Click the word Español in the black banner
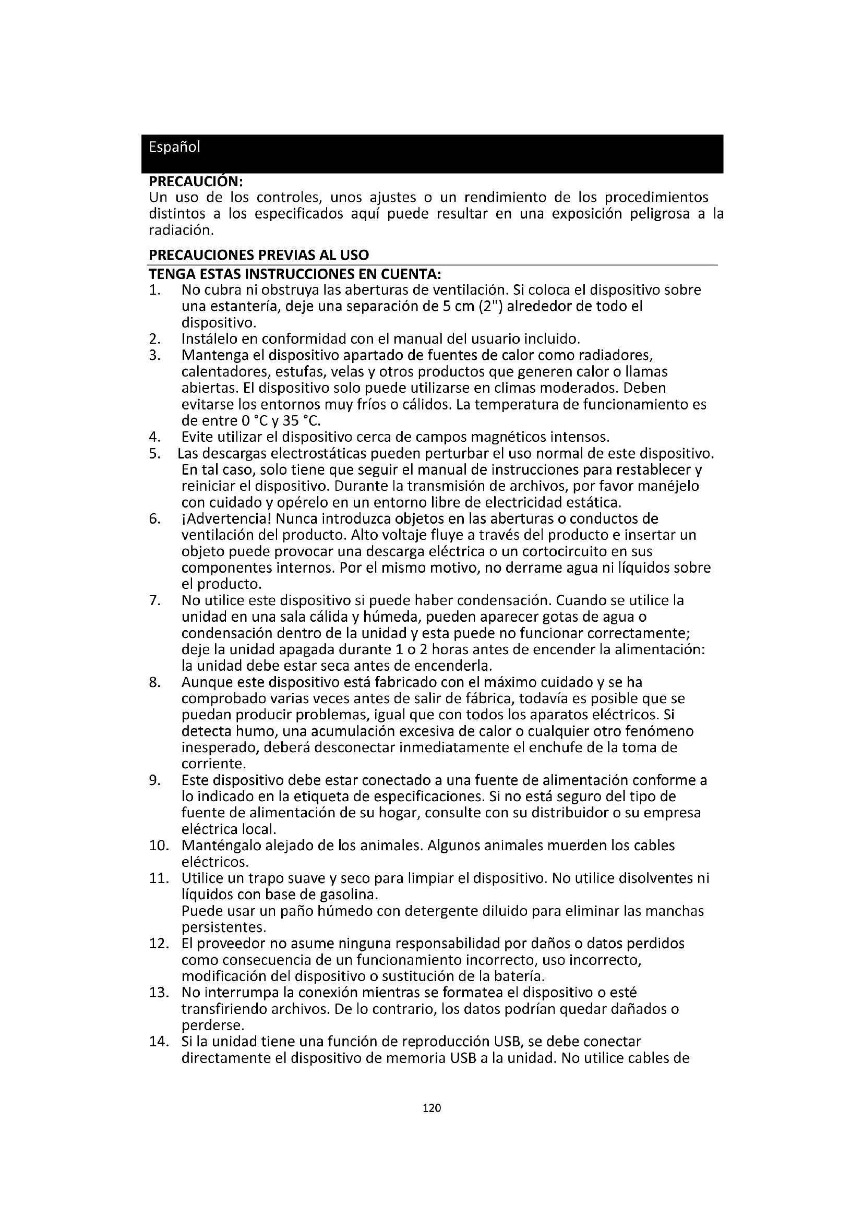pos(174,147)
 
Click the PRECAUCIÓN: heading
pos(196,182)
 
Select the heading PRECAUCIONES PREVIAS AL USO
pos(258,255)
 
